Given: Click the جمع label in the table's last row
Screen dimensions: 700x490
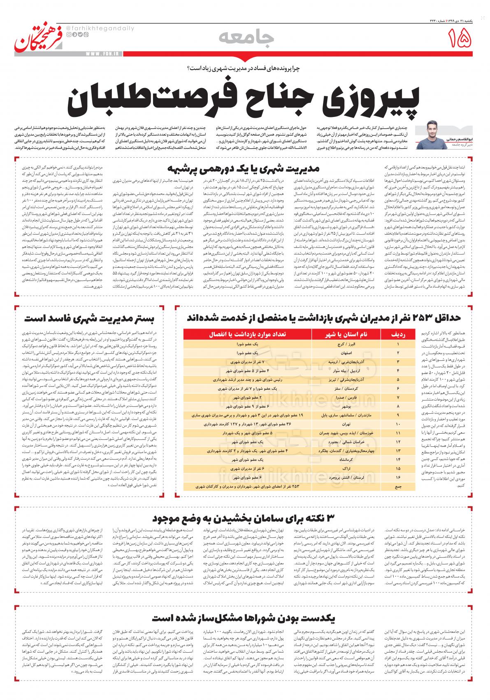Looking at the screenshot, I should coord(397,486).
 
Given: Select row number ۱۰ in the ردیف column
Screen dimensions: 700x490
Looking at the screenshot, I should coord(397,424).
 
